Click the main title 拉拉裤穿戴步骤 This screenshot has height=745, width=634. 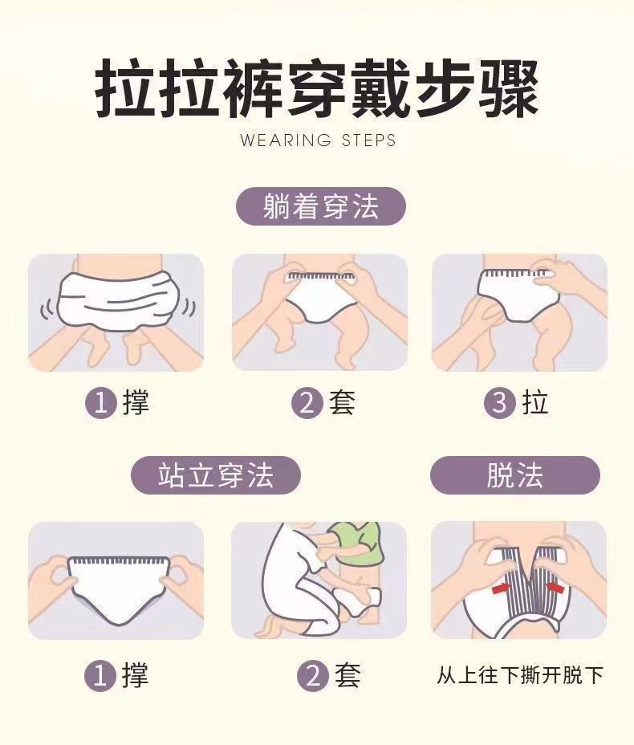coord(317,89)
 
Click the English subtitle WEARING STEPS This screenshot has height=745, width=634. coord(318,140)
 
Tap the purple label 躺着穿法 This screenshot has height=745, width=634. coord(321,206)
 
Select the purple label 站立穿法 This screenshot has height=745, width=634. coord(216,475)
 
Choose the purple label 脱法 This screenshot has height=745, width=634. coord(515,475)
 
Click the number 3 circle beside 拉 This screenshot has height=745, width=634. coord(500,402)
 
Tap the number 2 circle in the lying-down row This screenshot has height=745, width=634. coord(307,402)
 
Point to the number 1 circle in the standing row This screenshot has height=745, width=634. coord(100,675)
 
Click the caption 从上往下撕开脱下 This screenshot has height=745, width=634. coord(520,675)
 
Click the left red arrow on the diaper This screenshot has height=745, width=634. coord(500,589)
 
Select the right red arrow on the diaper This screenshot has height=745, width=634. coord(555,588)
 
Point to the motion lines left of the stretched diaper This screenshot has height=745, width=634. coord(47,310)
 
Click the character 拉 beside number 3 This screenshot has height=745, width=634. coord(535,403)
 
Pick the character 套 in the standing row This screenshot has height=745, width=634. coord(347,675)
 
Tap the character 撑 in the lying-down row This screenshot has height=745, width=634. coord(136,403)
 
